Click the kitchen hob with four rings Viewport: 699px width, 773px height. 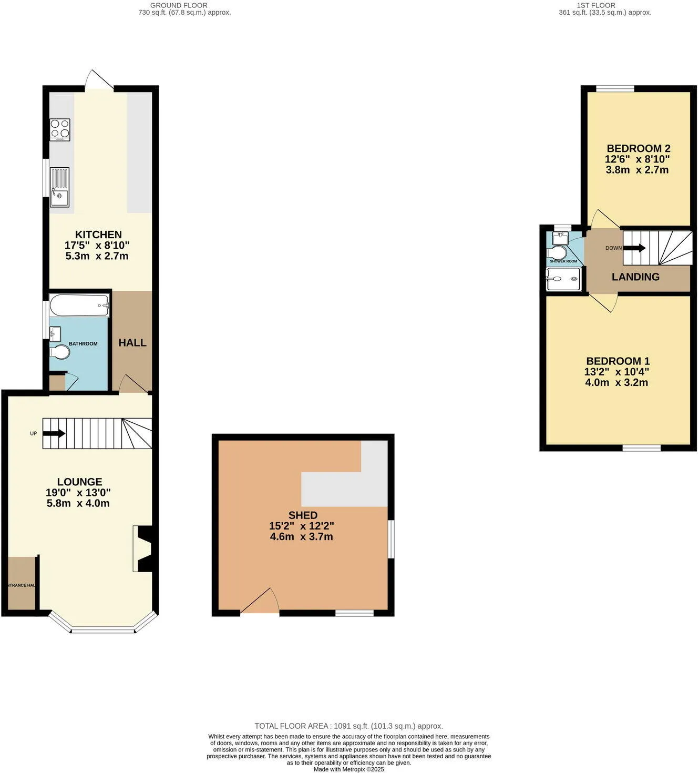click(60, 129)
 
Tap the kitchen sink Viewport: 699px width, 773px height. click(59, 187)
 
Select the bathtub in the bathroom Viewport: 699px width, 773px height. click(79, 305)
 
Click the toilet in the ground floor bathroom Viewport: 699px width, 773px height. click(59, 352)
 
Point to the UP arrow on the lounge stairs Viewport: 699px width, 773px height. click(54, 434)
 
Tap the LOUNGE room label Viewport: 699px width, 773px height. click(79, 482)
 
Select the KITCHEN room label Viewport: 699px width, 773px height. click(98, 235)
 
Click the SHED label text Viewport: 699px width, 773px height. click(303, 515)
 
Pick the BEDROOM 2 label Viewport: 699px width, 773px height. click(638, 148)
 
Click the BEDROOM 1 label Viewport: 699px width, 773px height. click(618, 361)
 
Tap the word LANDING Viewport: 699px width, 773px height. click(635, 277)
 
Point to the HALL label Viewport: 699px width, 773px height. click(132, 343)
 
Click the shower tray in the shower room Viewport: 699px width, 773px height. click(563, 279)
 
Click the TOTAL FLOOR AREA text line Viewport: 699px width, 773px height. click(349, 726)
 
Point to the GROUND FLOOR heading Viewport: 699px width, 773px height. click(179, 5)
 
